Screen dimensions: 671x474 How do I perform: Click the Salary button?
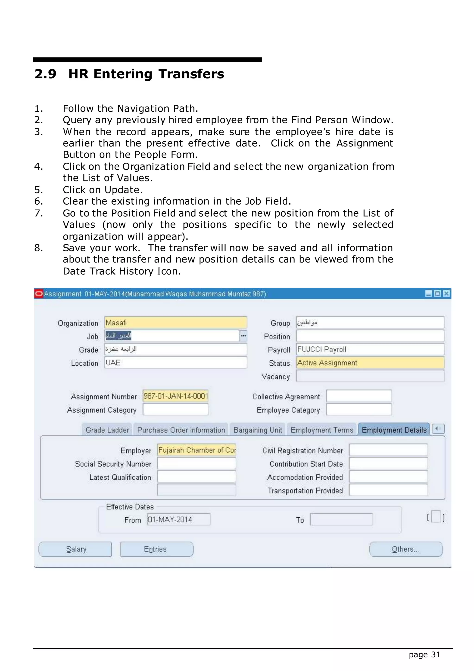tap(75, 549)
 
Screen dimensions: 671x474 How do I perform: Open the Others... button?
tap(406, 549)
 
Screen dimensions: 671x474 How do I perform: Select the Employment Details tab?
tap(394, 430)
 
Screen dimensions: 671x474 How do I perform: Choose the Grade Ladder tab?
tap(107, 430)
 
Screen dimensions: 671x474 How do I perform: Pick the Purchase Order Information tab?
tap(181, 430)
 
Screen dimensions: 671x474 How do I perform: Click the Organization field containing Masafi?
tap(175, 323)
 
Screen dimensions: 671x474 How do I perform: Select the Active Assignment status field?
tap(370, 363)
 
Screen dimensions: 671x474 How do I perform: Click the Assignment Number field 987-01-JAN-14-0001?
tap(175, 396)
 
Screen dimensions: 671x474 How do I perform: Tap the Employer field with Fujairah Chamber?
tap(196, 450)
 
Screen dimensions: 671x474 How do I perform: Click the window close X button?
tap(446, 294)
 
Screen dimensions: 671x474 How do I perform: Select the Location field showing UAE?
tap(175, 363)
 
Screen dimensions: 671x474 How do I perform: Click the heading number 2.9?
tap(45, 74)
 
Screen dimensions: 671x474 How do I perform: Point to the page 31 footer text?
tap(424, 655)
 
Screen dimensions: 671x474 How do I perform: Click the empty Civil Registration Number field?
tap(388, 450)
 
